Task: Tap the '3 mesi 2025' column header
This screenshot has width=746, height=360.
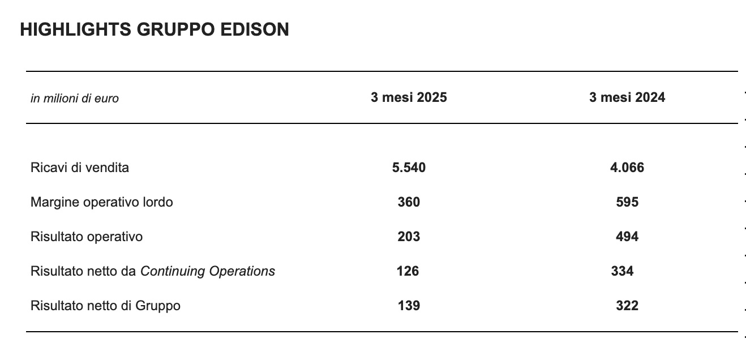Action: [x=409, y=97]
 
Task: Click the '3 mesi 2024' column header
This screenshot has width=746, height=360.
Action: [x=627, y=97]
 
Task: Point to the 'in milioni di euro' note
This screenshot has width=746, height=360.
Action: [x=75, y=98]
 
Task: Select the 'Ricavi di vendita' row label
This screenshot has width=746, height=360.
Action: [x=80, y=168]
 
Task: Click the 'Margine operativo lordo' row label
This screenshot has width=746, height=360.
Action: [x=102, y=202]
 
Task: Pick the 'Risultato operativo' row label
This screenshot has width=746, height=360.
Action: [x=87, y=237]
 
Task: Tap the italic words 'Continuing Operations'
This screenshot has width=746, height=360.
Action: [x=208, y=271]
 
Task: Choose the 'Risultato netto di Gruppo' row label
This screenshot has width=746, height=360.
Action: [x=106, y=306]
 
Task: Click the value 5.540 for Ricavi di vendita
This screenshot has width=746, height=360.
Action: [x=409, y=168]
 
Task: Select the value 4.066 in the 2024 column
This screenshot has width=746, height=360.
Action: [x=627, y=168]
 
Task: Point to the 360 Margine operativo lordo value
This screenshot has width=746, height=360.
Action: [x=409, y=202]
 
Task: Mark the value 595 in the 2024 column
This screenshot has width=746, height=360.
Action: [x=627, y=202]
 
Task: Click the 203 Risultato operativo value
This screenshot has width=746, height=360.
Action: [x=409, y=237]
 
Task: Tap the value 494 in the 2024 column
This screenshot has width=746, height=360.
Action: [x=627, y=237]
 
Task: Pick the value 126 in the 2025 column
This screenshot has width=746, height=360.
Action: [x=408, y=271]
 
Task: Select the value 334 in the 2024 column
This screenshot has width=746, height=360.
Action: [x=623, y=271]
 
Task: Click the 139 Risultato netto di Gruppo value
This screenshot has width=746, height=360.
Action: [x=409, y=306]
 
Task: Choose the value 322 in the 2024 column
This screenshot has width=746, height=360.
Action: [x=627, y=306]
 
